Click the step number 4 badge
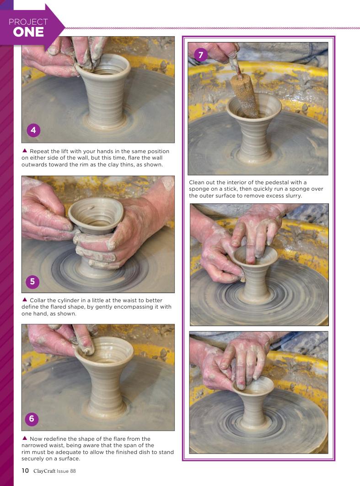(33, 130)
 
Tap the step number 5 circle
(32, 282)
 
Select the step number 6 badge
(32, 419)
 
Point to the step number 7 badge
(201, 55)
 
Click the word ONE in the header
(28, 32)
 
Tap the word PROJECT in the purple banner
(28, 21)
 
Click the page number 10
(25, 470)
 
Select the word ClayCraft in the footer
(44, 471)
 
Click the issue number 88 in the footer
(73, 471)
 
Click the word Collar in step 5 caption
(37, 300)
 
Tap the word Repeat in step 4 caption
(39, 151)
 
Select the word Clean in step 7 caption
(196, 182)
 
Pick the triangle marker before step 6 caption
(25, 438)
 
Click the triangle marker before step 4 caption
(25, 150)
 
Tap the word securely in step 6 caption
(32, 459)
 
